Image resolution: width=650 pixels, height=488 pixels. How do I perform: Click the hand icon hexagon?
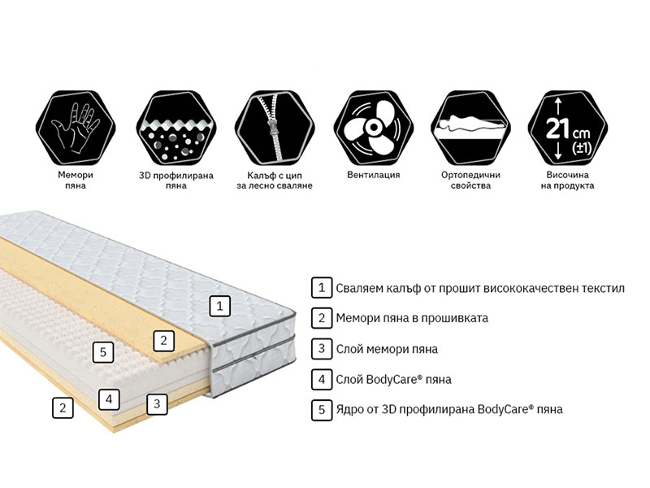click(x=76, y=128)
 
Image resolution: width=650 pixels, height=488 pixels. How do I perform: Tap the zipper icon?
click(x=275, y=128)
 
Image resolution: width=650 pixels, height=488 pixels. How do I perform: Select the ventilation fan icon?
click(x=373, y=128)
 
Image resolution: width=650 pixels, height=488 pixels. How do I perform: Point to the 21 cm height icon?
click(x=568, y=128)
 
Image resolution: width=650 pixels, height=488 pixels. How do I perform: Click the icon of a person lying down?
click(x=470, y=128)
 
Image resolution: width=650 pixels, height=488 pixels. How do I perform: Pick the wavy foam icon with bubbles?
click(x=176, y=128)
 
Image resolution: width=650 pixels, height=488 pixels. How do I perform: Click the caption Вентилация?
click(x=374, y=175)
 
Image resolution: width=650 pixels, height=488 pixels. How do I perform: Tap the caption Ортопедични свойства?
click(x=470, y=180)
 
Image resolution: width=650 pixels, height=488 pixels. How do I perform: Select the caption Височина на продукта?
click(x=567, y=180)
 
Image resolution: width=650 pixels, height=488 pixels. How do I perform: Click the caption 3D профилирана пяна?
click(x=176, y=180)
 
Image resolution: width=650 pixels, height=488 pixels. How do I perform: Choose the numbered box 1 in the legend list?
click(x=322, y=288)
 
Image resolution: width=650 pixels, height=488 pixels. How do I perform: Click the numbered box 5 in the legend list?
click(x=322, y=410)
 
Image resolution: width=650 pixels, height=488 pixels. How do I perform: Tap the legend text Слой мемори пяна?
click(x=387, y=349)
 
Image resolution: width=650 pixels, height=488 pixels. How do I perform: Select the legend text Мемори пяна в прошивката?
click(x=412, y=318)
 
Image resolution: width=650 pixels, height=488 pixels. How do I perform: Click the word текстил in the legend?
click(x=603, y=288)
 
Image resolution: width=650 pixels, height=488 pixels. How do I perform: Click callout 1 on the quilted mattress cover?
click(x=219, y=307)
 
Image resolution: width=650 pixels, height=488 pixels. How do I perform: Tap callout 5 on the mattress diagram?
click(x=103, y=352)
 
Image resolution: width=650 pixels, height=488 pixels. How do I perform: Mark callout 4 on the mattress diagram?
click(x=109, y=399)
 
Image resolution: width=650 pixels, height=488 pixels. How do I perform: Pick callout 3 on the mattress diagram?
click(x=157, y=403)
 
